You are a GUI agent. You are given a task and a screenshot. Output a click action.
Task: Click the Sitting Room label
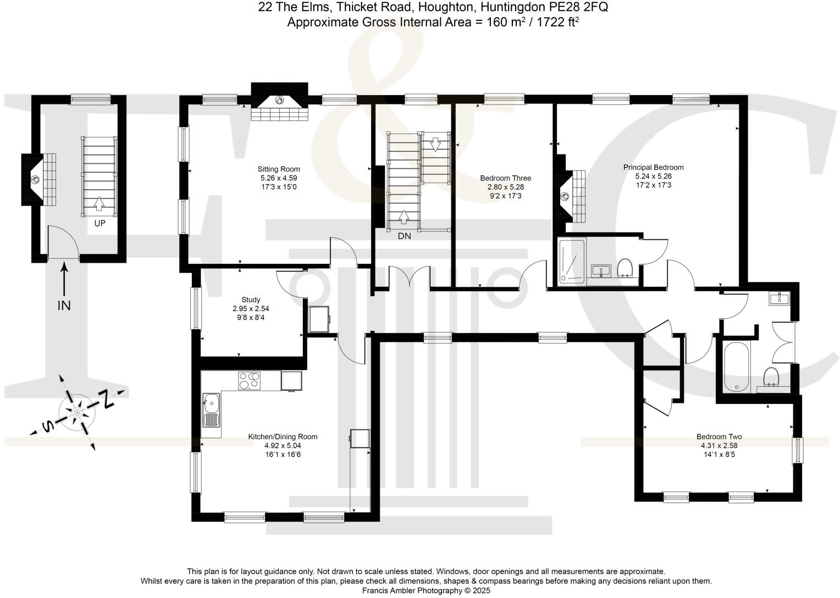point(279,169)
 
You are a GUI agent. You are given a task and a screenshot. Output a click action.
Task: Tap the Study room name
point(251,300)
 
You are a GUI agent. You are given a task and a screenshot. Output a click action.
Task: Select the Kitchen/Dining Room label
point(283,437)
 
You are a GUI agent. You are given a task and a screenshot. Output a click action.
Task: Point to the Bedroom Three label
point(506,178)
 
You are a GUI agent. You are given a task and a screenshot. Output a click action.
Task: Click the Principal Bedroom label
point(653,167)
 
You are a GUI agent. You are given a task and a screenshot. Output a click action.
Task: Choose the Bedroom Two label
point(719,437)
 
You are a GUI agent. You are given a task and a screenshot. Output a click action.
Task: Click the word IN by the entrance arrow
point(64,306)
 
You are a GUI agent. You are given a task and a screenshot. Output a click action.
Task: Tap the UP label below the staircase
point(100,224)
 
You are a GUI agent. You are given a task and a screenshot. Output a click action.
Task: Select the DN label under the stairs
point(404,236)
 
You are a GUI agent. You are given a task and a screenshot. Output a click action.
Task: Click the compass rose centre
point(78,412)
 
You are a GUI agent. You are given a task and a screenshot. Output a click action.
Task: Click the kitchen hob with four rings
point(249,381)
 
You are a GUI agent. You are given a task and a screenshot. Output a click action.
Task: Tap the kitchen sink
point(212,410)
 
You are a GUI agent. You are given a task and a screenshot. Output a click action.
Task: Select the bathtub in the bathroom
point(737,367)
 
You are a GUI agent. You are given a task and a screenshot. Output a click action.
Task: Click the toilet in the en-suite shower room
point(625,268)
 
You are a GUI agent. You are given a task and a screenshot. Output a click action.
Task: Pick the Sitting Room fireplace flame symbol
point(279,100)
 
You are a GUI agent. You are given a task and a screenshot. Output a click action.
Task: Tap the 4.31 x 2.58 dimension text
point(719,446)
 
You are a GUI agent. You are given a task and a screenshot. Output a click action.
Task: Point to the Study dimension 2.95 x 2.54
point(251,309)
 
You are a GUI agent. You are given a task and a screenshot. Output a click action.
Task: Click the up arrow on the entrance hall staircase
point(99,203)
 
